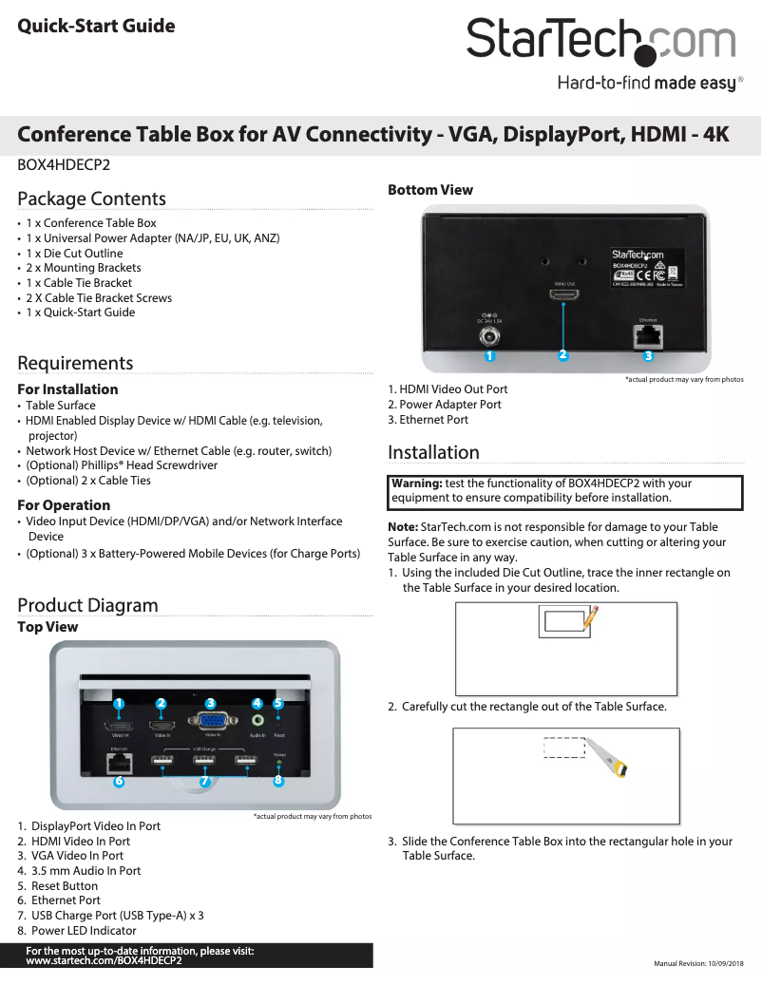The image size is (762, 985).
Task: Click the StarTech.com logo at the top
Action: [600, 41]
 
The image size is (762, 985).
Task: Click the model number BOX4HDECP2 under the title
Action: [64, 164]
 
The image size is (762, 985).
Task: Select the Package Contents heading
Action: [91, 199]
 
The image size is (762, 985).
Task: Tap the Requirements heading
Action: [75, 363]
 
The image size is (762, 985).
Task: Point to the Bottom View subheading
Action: [429, 190]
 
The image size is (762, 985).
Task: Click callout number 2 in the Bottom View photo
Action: [563, 355]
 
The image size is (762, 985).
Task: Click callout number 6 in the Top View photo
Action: [119, 782]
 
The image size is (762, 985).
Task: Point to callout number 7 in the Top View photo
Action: [203, 782]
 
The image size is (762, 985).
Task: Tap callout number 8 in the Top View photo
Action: [277, 781]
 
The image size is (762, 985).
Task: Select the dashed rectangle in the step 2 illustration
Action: [563, 748]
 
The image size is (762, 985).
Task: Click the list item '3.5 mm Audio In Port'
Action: [86, 871]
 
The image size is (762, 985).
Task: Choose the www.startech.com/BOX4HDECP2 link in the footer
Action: [104, 960]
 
